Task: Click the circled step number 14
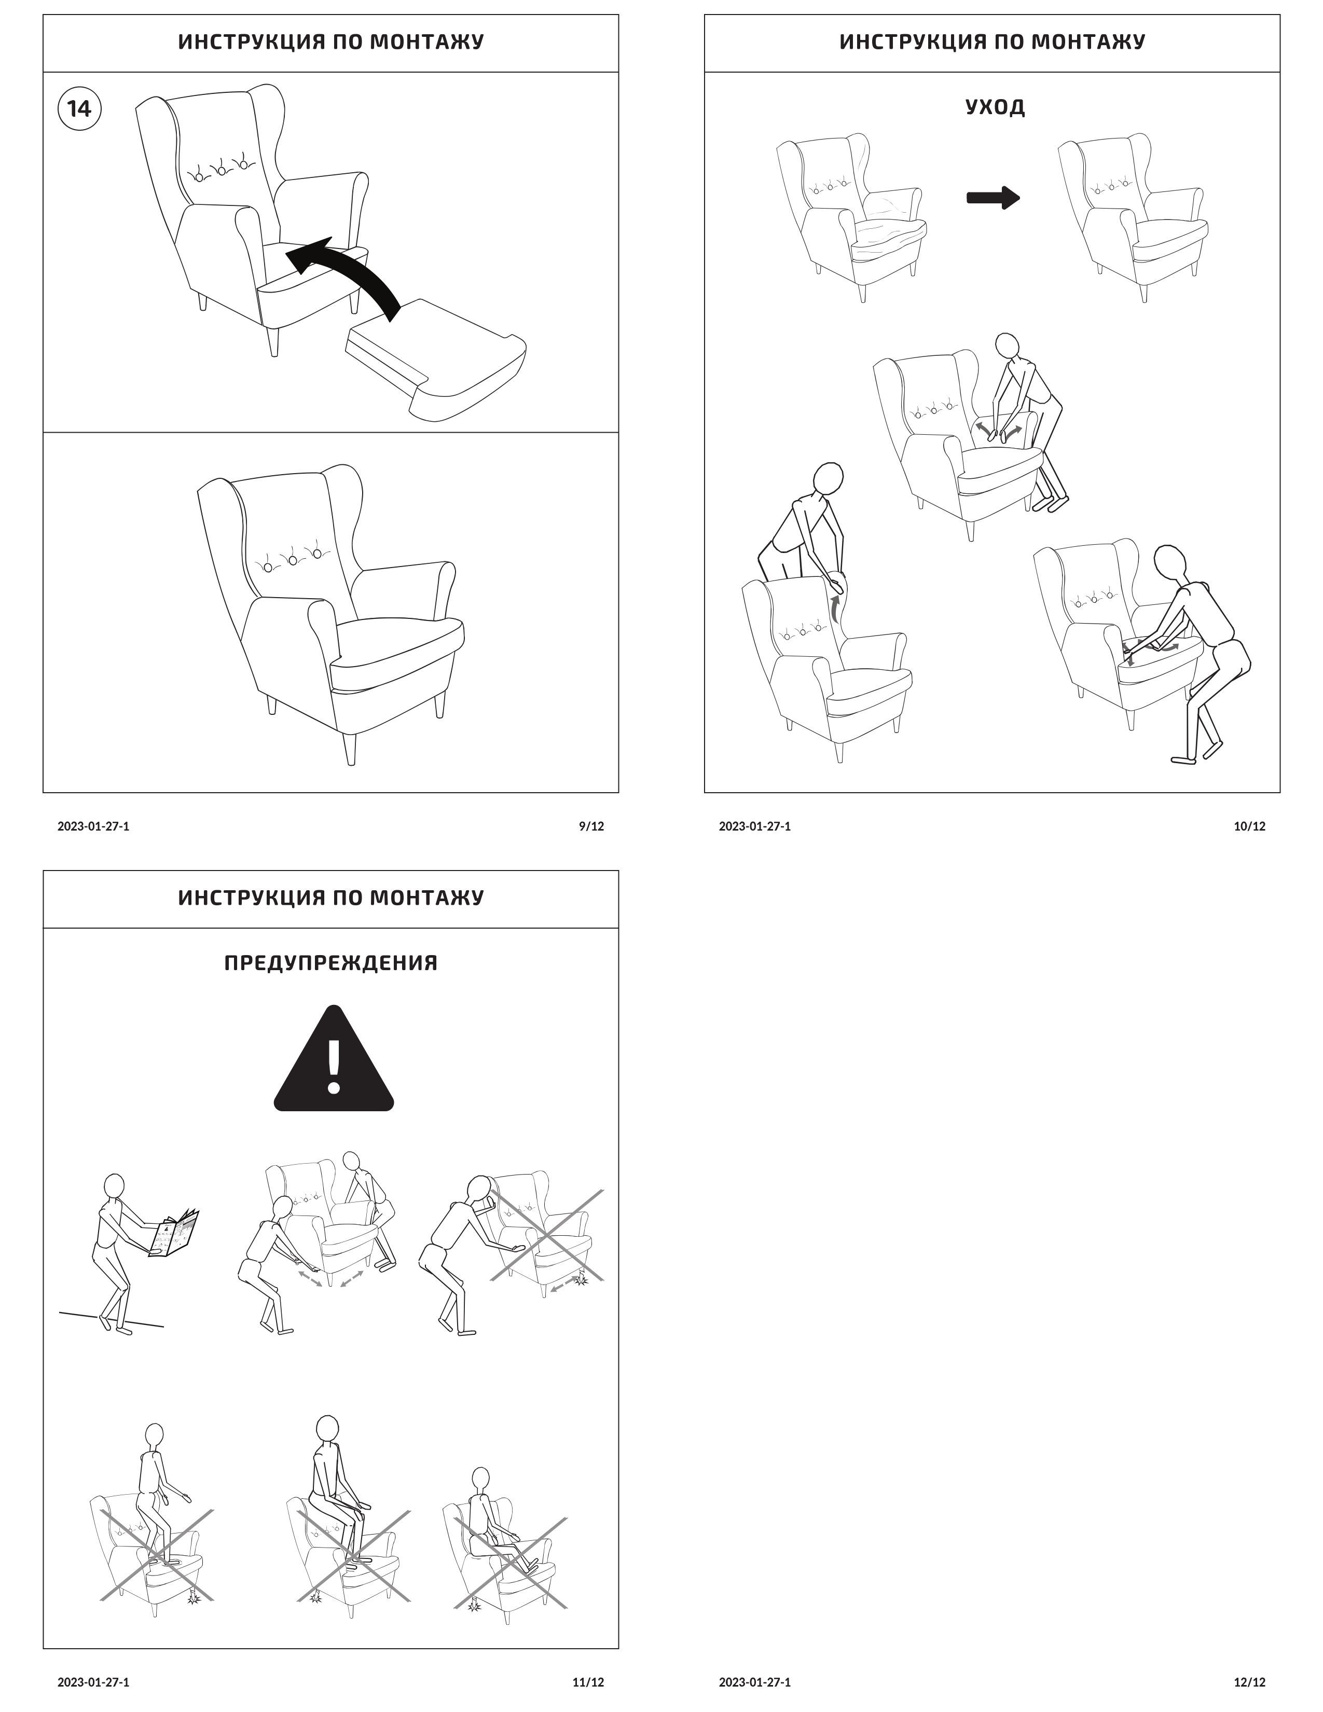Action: point(80,108)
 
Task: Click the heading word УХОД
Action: point(995,106)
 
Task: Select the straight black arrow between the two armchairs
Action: point(993,198)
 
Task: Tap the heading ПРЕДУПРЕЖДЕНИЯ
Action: point(331,962)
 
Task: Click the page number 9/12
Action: point(591,826)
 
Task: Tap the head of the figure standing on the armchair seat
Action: point(155,1435)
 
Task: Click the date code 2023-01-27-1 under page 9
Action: point(93,826)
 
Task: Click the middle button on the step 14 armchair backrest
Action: point(222,168)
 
